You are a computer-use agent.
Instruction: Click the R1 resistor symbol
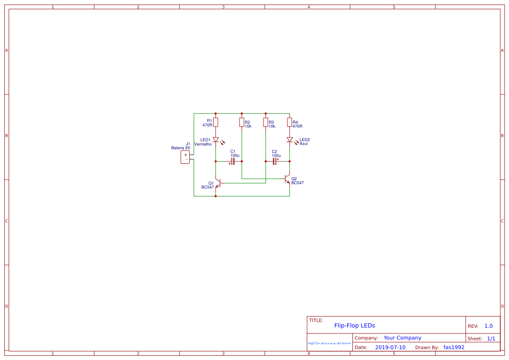click(216, 122)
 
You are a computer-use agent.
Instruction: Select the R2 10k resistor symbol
click(242, 122)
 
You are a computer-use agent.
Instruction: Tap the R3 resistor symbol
click(266, 122)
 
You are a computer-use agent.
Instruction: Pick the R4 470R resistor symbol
click(290, 122)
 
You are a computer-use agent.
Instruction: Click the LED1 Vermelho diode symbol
click(216, 140)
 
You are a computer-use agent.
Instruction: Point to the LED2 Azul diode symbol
click(290, 140)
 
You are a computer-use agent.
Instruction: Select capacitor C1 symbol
click(233, 161)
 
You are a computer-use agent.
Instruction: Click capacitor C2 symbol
click(275, 161)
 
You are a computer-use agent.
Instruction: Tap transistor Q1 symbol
click(217, 183)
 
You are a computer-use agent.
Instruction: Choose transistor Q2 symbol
click(287, 179)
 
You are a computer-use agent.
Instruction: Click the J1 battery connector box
click(185, 157)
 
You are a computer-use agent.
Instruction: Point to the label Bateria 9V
click(181, 148)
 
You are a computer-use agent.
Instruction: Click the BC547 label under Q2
click(297, 183)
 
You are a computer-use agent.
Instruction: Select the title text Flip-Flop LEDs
click(354, 325)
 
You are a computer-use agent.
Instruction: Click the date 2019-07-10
click(390, 347)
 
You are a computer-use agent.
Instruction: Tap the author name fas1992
click(454, 347)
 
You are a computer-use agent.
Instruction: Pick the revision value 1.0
click(489, 326)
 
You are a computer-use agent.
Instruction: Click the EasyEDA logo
click(330, 343)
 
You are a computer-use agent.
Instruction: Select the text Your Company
click(402, 338)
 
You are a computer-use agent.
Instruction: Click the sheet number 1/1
click(491, 338)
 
